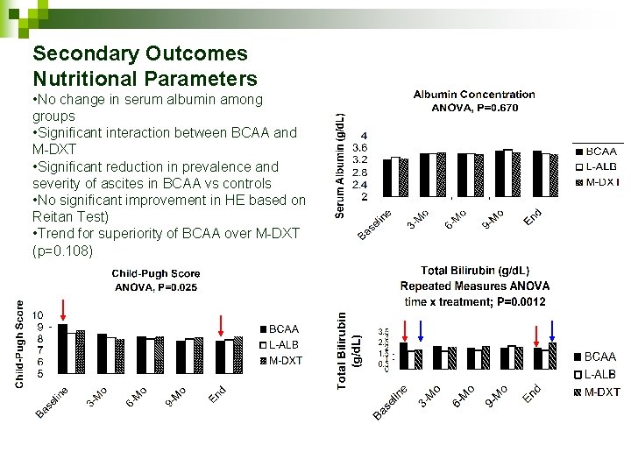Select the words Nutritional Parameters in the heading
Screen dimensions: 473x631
[145, 79]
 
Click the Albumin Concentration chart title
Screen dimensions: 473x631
[473, 94]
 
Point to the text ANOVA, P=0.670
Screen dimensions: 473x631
[473, 108]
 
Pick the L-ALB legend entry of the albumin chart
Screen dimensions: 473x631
[599, 166]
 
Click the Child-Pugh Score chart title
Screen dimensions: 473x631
[156, 273]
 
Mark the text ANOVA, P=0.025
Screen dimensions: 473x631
[156, 287]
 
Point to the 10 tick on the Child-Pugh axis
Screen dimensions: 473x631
[38, 315]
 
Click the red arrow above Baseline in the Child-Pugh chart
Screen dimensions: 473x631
[64, 312]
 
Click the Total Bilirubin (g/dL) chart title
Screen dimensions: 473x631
[474, 271]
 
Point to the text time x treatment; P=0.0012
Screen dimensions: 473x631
[474, 300]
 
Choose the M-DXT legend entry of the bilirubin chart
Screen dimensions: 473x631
[601, 392]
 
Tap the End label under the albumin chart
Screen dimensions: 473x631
[533, 216]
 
